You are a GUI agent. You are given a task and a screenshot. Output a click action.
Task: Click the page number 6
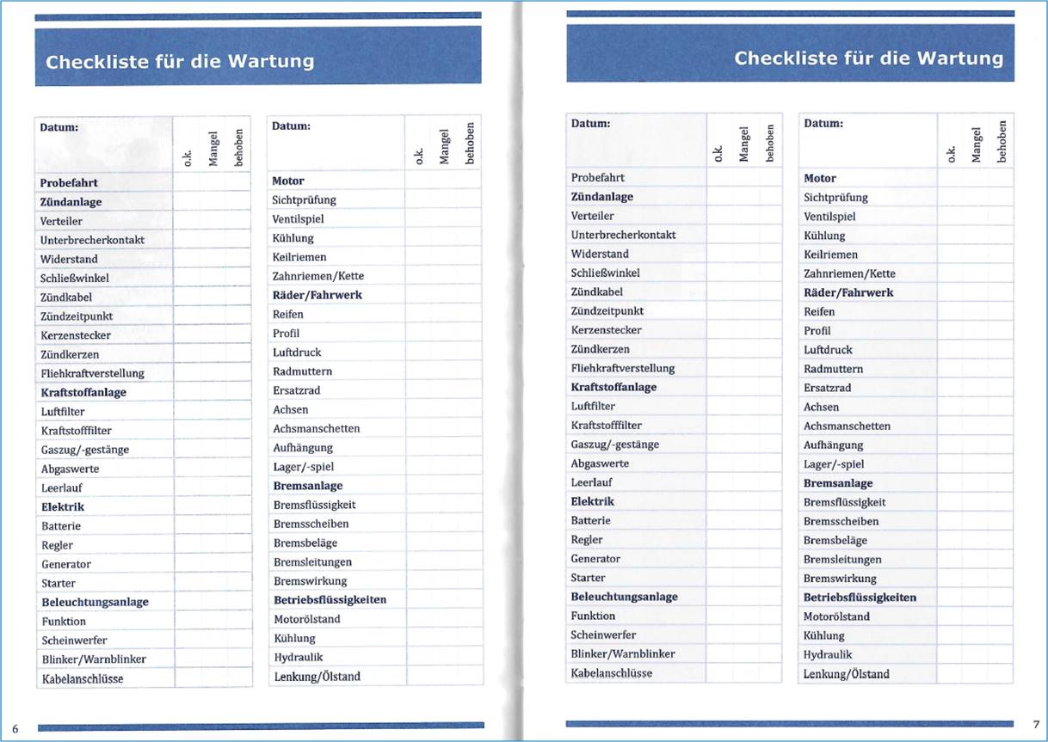(x=15, y=727)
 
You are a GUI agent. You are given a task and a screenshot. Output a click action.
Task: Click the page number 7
(x=1035, y=723)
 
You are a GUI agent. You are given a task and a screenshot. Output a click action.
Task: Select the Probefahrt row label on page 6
(x=69, y=183)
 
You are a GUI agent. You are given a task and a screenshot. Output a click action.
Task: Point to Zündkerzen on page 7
(x=600, y=349)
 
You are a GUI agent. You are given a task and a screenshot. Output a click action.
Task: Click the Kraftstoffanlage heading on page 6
(x=83, y=392)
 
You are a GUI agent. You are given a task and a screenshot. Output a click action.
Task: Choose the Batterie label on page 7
(x=590, y=520)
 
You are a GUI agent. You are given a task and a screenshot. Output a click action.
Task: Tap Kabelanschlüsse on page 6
(x=83, y=678)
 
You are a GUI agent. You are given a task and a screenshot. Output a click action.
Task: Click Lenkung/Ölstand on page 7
(x=846, y=674)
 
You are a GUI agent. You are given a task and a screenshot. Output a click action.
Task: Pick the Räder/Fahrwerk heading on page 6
(x=317, y=295)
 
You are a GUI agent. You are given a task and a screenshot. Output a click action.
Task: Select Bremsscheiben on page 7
(x=841, y=521)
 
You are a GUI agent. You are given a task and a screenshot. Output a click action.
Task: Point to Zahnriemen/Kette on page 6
(x=317, y=276)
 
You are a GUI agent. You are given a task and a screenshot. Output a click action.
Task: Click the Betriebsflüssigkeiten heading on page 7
(x=860, y=598)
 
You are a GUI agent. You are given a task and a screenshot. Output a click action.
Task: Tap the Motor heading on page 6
(x=288, y=181)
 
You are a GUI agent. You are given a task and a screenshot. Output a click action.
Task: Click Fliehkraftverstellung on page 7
(x=623, y=368)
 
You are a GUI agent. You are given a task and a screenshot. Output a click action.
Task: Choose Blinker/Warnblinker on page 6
(x=94, y=659)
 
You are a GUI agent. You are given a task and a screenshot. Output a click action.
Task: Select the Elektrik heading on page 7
(x=592, y=501)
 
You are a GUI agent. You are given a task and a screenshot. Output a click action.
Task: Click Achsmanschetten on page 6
(x=316, y=428)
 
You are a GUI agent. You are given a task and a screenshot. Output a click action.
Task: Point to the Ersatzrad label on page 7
(x=826, y=388)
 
